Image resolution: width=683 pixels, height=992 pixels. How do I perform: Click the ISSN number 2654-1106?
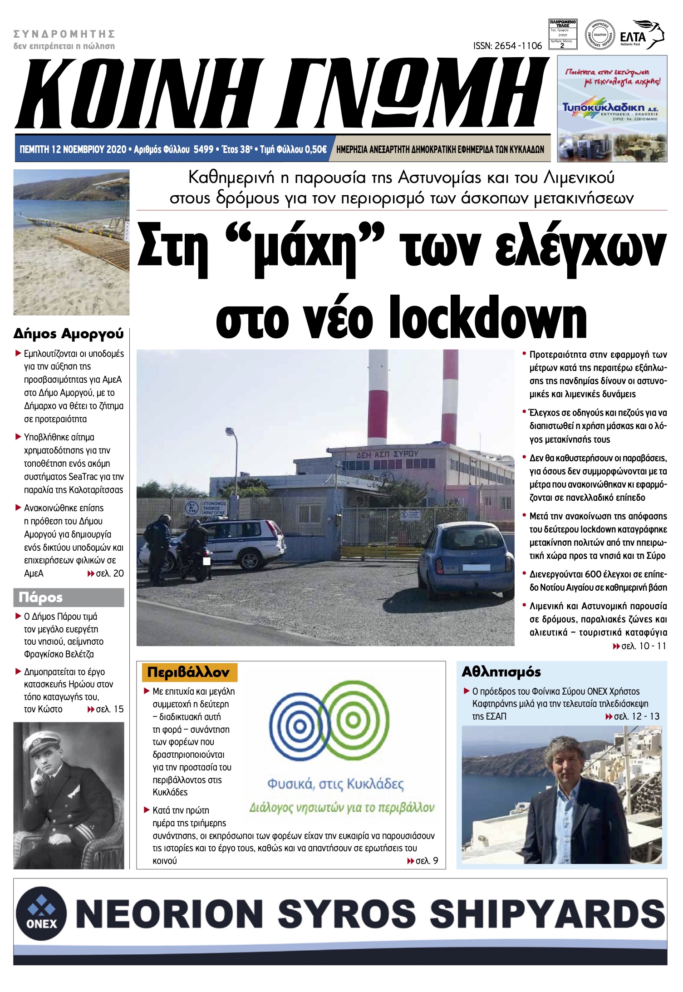coord(507,46)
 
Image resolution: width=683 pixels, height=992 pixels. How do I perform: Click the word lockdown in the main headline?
coord(488,318)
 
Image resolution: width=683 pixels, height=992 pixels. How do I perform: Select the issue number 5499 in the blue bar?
coord(203,149)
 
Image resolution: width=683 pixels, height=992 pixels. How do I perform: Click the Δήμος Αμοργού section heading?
coord(69,334)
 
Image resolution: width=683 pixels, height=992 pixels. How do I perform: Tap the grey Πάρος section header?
coord(69,597)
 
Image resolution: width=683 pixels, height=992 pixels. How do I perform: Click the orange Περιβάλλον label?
coord(189,672)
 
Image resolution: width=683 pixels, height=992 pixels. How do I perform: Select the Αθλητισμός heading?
coord(501,672)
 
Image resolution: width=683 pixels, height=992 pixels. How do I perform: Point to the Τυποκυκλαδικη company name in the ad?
coord(603,108)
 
